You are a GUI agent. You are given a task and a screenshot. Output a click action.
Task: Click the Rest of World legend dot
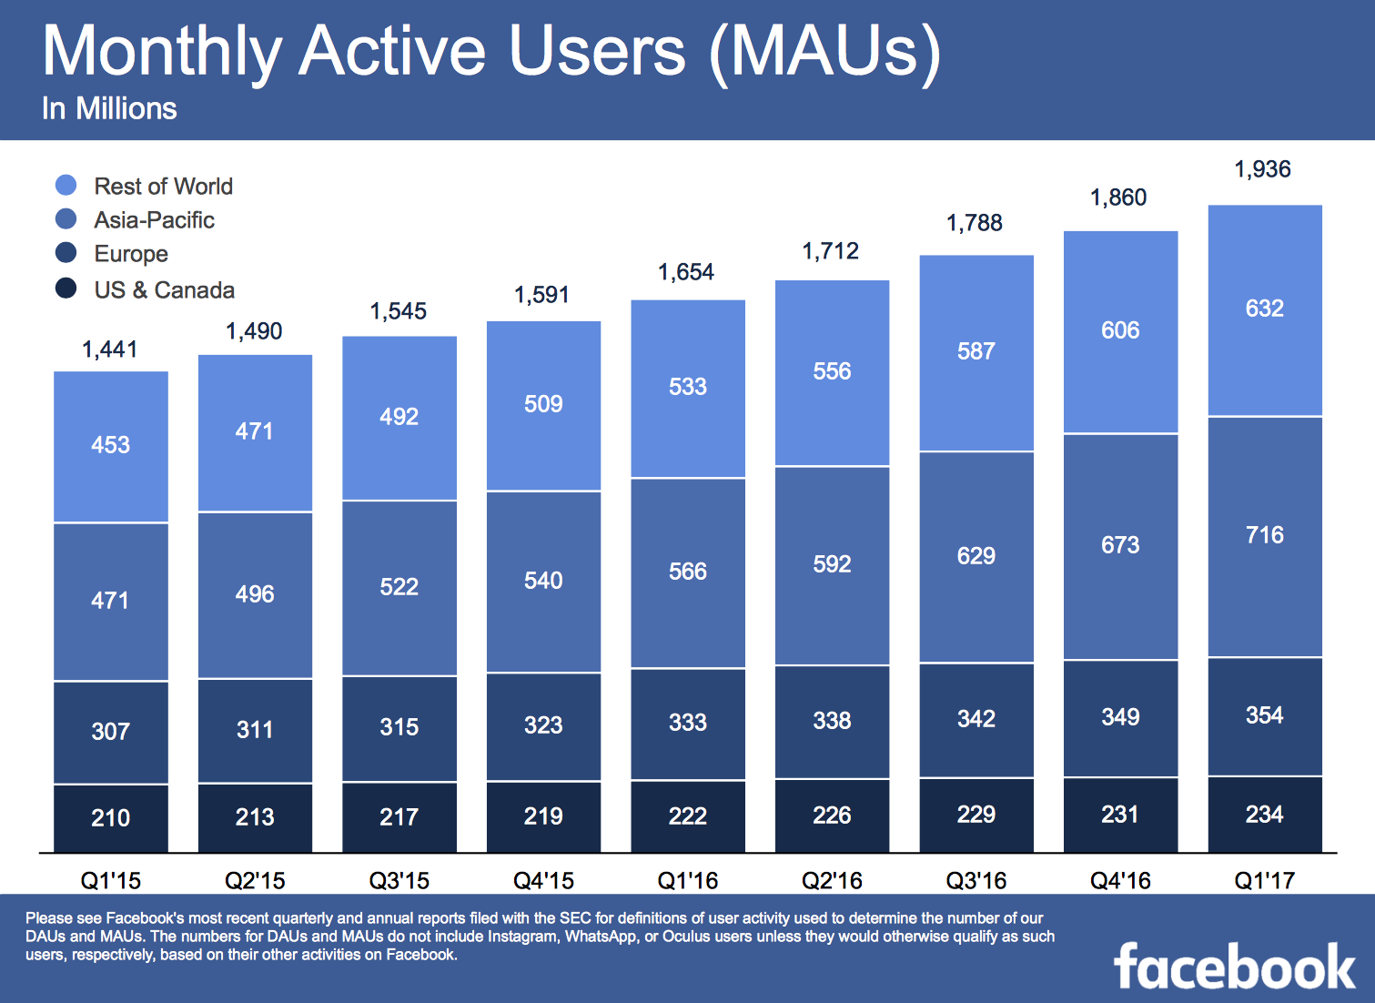tap(66, 186)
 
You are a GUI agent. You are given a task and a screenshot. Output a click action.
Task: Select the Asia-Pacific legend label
tap(154, 220)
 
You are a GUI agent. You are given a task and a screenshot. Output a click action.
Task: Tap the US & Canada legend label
tap(164, 290)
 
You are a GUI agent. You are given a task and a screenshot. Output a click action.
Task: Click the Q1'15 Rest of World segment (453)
tap(111, 445)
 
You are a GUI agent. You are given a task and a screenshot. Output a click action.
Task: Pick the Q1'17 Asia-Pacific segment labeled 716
tap(1265, 535)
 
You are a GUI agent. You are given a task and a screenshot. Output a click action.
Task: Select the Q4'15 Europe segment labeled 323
tap(543, 725)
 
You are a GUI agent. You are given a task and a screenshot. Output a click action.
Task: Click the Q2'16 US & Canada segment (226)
tap(832, 815)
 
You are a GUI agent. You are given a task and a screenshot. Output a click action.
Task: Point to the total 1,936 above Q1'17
tap(1262, 169)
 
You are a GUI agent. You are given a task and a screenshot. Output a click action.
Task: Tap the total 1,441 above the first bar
tap(110, 350)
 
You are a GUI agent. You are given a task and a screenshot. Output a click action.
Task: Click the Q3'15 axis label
tap(399, 880)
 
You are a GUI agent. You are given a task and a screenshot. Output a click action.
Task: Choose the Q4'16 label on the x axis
tap(1120, 880)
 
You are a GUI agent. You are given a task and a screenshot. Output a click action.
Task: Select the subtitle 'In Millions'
tap(109, 109)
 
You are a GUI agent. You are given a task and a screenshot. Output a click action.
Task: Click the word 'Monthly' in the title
tap(161, 51)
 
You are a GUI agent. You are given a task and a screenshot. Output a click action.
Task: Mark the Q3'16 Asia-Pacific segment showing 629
tap(976, 556)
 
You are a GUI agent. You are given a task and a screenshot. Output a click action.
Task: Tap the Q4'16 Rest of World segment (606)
tap(1120, 330)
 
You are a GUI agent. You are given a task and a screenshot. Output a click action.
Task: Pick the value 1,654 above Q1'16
tap(686, 272)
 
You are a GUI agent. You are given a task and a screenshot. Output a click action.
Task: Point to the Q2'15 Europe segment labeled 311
tap(255, 730)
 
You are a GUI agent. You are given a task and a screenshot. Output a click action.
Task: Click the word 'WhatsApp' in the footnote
tap(601, 937)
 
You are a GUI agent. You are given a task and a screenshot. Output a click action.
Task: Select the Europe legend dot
tap(66, 253)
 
